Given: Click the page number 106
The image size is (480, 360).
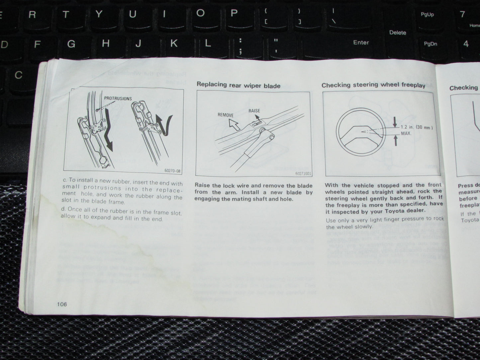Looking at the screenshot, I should click(x=62, y=304).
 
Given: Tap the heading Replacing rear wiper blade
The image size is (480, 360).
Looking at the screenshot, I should click(x=238, y=85).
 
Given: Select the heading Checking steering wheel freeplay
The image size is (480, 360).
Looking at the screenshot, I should click(x=373, y=85).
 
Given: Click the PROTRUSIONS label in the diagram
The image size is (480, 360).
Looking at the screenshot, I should click(x=118, y=99).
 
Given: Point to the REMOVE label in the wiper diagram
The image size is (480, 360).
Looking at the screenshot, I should click(x=226, y=115).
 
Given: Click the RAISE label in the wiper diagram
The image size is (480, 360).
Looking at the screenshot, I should click(x=254, y=111).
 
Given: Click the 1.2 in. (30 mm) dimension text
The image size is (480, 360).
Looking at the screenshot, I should click(x=417, y=127).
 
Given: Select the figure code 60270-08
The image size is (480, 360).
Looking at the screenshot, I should click(x=172, y=171).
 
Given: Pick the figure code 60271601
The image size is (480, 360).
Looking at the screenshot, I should click(x=303, y=173).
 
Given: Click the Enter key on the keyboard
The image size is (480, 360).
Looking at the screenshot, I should click(x=361, y=43).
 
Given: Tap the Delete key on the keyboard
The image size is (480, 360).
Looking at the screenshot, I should click(x=398, y=33).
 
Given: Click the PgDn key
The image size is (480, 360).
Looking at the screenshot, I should click(x=431, y=44).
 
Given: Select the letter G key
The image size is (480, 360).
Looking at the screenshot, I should click(x=71, y=44).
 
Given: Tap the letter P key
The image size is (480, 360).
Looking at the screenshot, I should click(x=234, y=13).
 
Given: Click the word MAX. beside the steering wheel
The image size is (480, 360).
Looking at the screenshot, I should click(x=406, y=133).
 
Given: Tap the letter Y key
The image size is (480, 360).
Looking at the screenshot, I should click(x=99, y=14).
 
